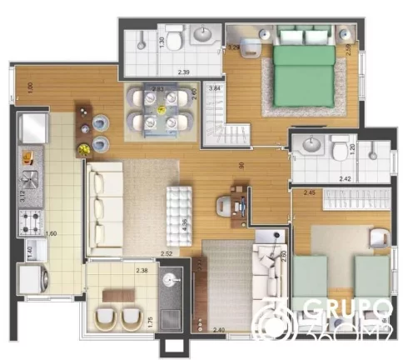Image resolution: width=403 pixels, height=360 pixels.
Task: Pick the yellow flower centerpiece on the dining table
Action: click(84, 149)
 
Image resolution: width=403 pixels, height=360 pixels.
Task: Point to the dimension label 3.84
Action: click(214, 87)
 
